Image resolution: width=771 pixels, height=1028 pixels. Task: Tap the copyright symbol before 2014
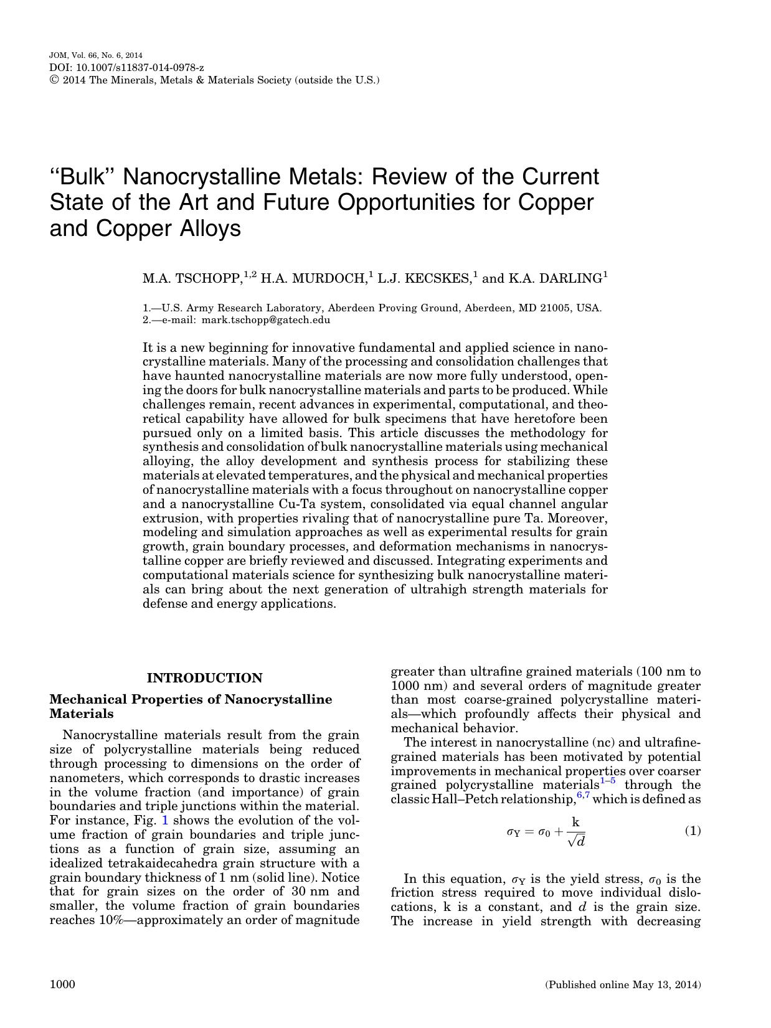(x=53, y=80)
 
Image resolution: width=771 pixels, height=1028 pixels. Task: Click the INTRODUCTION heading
(x=204, y=678)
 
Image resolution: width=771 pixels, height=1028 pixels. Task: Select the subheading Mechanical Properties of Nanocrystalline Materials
(x=191, y=706)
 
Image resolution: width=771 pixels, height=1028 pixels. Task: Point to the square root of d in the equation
(x=576, y=841)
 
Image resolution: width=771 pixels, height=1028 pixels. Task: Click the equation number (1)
(x=693, y=831)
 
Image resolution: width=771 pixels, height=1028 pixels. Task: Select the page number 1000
(x=62, y=984)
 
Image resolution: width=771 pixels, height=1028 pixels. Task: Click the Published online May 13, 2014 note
(x=623, y=985)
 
